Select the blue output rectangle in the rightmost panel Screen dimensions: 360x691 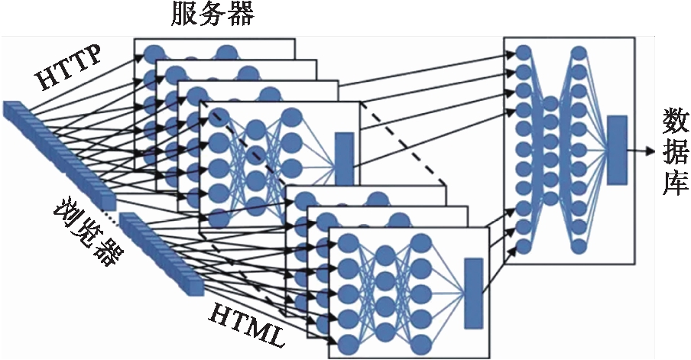click(616, 150)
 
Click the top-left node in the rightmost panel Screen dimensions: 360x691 click(524, 52)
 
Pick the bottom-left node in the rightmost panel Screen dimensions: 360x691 click(524, 246)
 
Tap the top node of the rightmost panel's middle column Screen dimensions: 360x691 click(550, 102)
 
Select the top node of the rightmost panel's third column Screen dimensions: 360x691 click(579, 52)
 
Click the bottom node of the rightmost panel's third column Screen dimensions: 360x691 click(579, 246)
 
